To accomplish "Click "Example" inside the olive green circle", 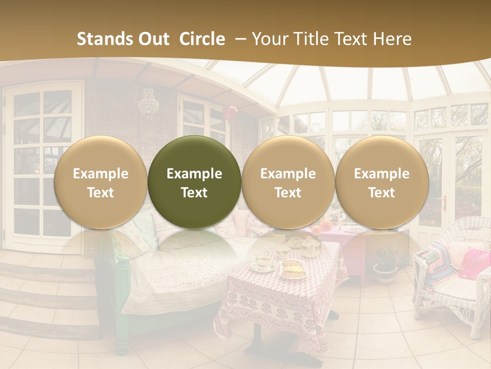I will (x=194, y=174).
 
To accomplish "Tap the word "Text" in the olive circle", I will (x=194, y=193).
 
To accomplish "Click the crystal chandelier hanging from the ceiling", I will (x=148, y=102).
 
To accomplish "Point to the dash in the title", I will (x=239, y=39).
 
